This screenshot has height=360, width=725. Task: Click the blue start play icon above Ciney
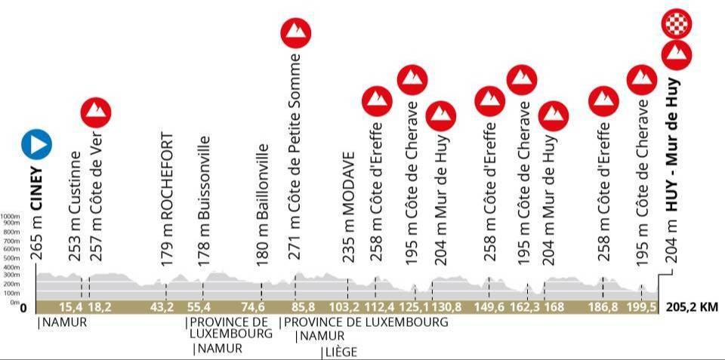click(36, 143)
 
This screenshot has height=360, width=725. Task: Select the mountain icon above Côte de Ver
click(96, 112)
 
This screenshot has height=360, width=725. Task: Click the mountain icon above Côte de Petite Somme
click(296, 32)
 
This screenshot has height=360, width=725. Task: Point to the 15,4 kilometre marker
click(70, 307)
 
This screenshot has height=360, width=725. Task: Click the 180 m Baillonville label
click(262, 202)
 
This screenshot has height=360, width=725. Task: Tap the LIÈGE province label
click(340, 351)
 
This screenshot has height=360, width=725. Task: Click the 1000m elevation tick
click(11, 215)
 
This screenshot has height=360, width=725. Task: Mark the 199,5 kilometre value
click(640, 307)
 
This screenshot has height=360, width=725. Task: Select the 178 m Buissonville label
click(203, 199)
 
